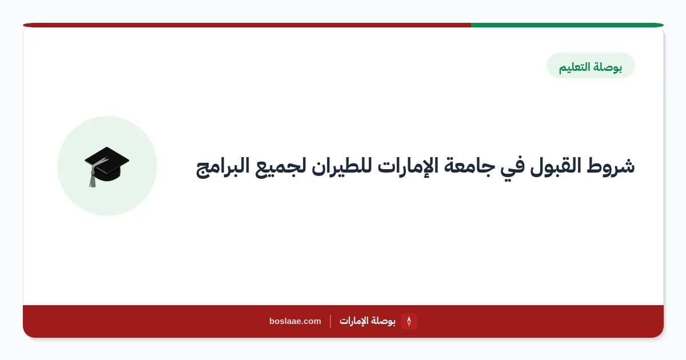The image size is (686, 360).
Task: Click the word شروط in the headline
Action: coord(611,166)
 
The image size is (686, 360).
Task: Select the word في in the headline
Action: coord(512,168)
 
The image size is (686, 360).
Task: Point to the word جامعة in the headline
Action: coord(469,166)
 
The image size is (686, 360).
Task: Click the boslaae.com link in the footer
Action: coord(295,321)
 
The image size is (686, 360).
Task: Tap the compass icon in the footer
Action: coord(409,321)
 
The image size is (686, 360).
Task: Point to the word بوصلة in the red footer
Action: coord(383,321)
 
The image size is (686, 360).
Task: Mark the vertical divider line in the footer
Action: coord(330,321)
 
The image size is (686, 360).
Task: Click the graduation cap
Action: coord(106,166)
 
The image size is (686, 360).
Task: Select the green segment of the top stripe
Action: coord(567,25)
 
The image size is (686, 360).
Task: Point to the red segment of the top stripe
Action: coord(247,25)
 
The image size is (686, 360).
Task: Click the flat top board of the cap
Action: coord(107,160)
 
